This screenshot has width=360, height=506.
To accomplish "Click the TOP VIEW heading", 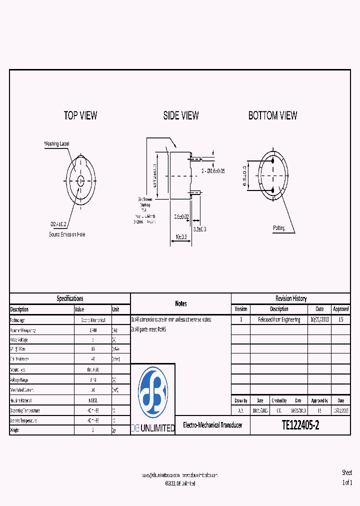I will [80, 115].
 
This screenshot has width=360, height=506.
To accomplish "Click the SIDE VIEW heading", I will [181, 115].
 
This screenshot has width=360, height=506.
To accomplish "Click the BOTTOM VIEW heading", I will [272, 115].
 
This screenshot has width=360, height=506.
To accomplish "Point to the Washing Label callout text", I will [57, 144].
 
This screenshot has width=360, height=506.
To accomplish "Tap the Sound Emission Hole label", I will [67, 234].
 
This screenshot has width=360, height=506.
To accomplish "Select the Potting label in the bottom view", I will [279, 228].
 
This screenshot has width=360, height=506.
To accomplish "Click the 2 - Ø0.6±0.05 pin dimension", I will [213, 171].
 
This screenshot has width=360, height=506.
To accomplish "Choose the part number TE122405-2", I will [300, 425].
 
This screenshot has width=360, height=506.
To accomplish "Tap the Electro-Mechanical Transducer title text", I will [212, 425].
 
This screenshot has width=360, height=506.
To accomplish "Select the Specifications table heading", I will [70, 298].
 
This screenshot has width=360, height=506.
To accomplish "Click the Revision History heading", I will [290, 298].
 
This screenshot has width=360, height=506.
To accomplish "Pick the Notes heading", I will [181, 303].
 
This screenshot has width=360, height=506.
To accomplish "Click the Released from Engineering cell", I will [279, 320].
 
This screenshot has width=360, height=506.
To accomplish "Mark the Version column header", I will [240, 309].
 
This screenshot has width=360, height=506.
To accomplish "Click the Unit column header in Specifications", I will [116, 309].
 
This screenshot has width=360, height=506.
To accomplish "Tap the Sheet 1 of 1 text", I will [347, 477].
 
